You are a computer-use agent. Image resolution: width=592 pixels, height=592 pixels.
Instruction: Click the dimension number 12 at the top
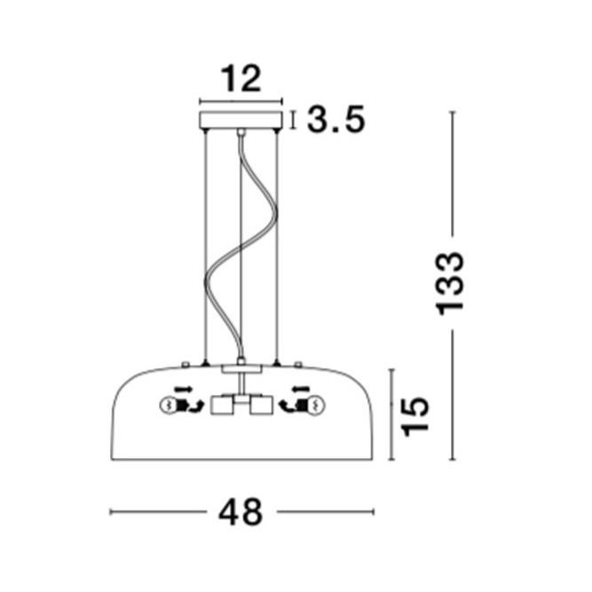(241, 80)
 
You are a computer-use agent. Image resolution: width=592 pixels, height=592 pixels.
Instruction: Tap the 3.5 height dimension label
(335, 119)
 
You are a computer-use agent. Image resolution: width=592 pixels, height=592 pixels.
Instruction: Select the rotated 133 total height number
(450, 283)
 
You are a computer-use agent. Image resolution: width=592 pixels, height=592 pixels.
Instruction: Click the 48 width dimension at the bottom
(241, 512)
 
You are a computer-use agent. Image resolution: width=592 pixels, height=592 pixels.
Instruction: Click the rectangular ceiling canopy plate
(241, 119)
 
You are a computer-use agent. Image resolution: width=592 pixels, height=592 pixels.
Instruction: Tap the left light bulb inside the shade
(165, 407)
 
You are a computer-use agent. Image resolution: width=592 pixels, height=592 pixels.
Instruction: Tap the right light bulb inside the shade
(315, 407)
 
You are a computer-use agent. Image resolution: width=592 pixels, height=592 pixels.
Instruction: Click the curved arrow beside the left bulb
(189, 407)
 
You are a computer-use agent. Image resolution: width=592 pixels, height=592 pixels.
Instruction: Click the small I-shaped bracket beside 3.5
(295, 119)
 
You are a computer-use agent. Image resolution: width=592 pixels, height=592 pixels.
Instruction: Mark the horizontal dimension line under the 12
(241, 101)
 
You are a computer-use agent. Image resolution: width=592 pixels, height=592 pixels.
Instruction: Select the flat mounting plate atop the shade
(241, 366)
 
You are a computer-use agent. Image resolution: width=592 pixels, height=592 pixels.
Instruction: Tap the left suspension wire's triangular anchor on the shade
(205, 362)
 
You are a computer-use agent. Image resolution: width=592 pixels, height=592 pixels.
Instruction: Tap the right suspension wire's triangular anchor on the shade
(277, 362)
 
